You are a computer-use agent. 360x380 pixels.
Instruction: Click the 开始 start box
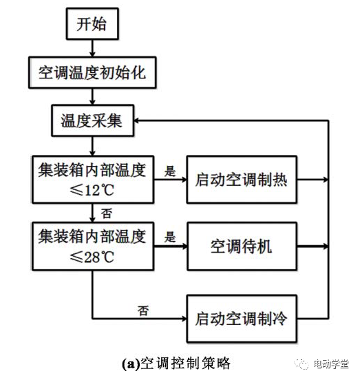click(x=92, y=23)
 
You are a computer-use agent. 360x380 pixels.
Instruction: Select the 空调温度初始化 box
click(x=92, y=72)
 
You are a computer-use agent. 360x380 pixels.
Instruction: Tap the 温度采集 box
click(x=92, y=120)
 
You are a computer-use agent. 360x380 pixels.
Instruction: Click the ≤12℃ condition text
click(x=92, y=190)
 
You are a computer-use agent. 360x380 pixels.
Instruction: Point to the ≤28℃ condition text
click(x=92, y=257)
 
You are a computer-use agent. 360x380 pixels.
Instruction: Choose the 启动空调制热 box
click(x=242, y=180)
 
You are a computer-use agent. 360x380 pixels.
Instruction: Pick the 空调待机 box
click(x=242, y=246)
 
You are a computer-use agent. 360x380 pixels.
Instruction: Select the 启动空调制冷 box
click(x=242, y=319)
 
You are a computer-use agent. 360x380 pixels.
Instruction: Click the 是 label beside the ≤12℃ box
click(x=169, y=171)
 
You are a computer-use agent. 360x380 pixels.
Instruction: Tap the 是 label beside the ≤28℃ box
click(x=169, y=237)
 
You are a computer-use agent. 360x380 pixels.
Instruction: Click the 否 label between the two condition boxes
click(x=107, y=213)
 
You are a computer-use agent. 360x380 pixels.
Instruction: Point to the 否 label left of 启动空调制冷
click(x=143, y=310)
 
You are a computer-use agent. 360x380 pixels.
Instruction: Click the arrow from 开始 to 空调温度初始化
click(x=92, y=48)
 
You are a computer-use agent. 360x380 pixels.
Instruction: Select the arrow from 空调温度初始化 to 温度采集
click(x=92, y=96)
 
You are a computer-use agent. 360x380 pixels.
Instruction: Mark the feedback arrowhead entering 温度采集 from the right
click(x=136, y=120)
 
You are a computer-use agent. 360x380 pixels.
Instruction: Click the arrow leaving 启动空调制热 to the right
click(x=313, y=180)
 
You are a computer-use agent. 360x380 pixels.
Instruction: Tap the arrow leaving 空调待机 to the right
click(x=313, y=246)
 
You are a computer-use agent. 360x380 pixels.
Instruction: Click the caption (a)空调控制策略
click(x=176, y=363)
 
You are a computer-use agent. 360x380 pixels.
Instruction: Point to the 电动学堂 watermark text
click(x=331, y=364)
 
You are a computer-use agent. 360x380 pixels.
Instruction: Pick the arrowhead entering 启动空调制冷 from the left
click(x=184, y=319)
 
